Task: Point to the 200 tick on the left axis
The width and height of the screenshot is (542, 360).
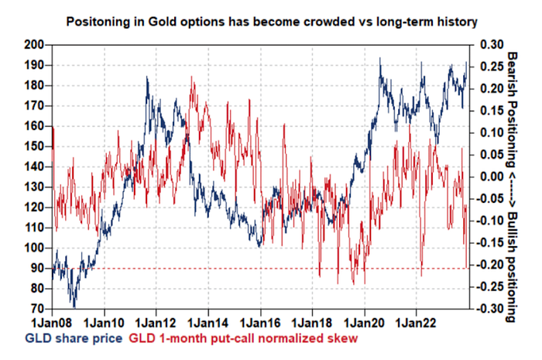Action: pos(34,45)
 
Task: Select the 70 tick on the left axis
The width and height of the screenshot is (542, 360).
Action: pos(37,309)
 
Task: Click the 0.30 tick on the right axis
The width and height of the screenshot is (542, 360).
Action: pos(492,45)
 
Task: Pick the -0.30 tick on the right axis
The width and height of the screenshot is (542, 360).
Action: pos(491,309)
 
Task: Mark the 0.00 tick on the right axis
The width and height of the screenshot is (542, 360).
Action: pos(492,177)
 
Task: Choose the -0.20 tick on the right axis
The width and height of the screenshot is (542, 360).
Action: pos(491,265)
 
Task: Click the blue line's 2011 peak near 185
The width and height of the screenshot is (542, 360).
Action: pos(148,77)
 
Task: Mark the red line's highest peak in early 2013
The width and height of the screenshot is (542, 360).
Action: pos(191,78)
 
